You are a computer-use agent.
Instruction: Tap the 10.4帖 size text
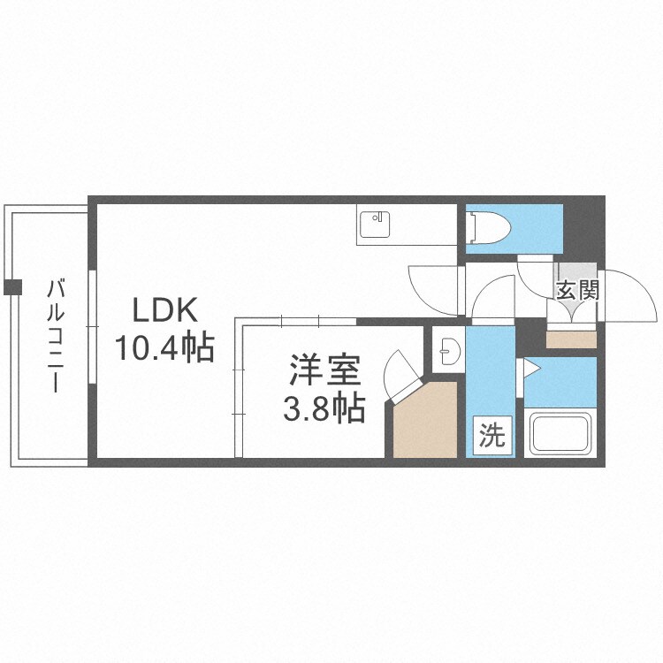pos(165,348)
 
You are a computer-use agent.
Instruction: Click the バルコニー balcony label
pos(56,336)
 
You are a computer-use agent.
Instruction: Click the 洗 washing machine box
pos(492,437)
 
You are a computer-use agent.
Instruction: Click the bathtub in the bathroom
pos(560,433)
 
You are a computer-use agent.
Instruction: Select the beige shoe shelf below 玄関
pos(571,338)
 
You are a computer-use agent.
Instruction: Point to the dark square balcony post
pos(12,287)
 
